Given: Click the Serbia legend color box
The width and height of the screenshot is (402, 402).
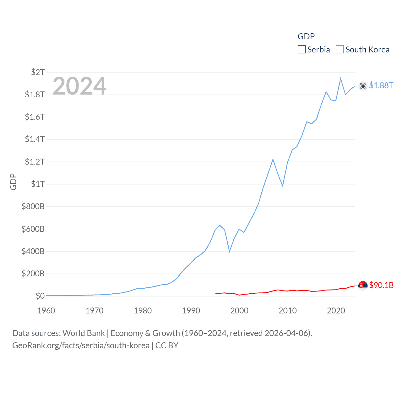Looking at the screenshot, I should pyautogui.click(x=301, y=50).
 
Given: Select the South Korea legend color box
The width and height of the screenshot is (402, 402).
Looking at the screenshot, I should pyautogui.click(x=340, y=50).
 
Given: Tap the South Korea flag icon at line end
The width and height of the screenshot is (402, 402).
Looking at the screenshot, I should pyautogui.click(x=363, y=86).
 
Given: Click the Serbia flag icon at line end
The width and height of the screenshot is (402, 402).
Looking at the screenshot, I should pyautogui.click(x=363, y=285).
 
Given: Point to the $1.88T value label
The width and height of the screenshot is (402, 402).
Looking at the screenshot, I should pyautogui.click(x=381, y=85).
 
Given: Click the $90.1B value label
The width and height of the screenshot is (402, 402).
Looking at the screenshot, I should pyautogui.click(x=381, y=285).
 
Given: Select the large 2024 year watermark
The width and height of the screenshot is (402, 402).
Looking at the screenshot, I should pyautogui.click(x=79, y=86).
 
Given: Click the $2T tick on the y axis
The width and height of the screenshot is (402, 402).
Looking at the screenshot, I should pyautogui.click(x=38, y=72).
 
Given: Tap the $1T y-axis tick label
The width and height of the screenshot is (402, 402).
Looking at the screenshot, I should pyautogui.click(x=38, y=184).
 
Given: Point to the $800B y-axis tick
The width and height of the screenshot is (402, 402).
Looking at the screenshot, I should pyautogui.click(x=33, y=206).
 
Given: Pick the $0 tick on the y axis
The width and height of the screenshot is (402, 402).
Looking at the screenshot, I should pyautogui.click(x=40, y=296).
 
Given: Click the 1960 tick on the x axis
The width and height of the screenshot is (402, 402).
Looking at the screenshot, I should pyautogui.click(x=46, y=311).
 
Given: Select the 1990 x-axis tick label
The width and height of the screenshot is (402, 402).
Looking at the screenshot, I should pyautogui.click(x=191, y=311).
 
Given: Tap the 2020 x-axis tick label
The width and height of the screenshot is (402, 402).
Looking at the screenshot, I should pyautogui.click(x=336, y=311).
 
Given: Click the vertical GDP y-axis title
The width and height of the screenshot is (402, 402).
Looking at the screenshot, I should pyautogui.click(x=13, y=182).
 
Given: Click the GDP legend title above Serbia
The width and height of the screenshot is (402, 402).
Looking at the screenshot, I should pyautogui.click(x=306, y=36).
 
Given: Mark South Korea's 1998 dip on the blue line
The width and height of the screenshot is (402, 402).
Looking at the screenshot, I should pyautogui.click(x=230, y=251).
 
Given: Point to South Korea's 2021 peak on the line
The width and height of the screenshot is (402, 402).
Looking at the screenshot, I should pyautogui.click(x=340, y=79).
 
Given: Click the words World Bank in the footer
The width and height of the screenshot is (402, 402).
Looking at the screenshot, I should pyautogui.click(x=84, y=333).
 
